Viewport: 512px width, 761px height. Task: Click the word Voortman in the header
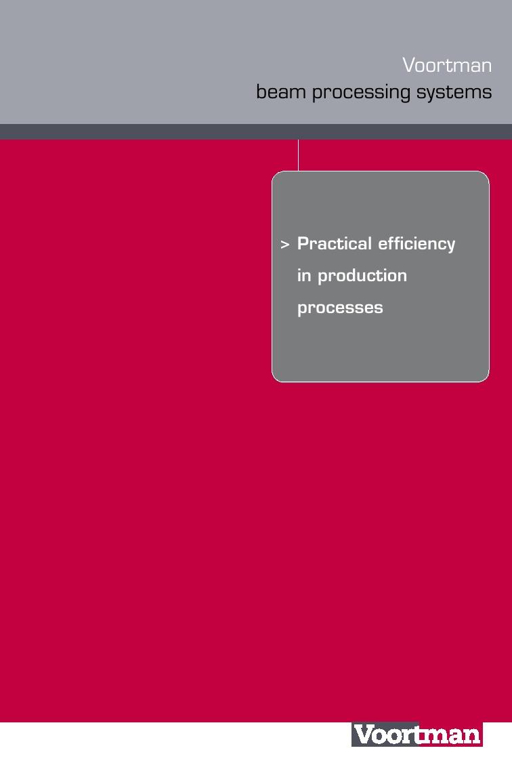click(x=447, y=65)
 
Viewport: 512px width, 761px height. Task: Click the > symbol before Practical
click(x=285, y=245)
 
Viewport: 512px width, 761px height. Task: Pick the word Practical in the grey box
click(x=335, y=243)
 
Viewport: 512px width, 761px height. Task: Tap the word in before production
click(x=304, y=275)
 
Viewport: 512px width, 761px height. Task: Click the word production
click(x=362, y=276)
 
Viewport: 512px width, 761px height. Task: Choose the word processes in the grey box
click(x=340, y=308)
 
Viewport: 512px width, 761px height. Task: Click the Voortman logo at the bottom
click(x=417, y=735)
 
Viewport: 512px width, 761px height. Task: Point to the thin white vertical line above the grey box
click(x=298, y=155)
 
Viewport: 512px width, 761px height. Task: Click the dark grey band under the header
click(x=256, y=131)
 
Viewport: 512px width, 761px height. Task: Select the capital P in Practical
click(x=303, y=243)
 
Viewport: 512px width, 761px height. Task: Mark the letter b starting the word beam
click(x=261, y=91)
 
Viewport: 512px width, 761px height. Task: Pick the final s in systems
click(x=487, y=93)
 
